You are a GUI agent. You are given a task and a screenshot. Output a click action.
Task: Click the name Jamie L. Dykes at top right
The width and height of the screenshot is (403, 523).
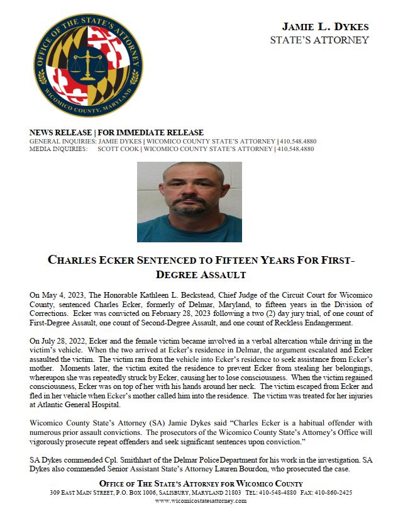tap(325, 27)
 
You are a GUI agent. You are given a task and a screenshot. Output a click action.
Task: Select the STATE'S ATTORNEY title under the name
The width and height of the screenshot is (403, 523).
tap(319, 40)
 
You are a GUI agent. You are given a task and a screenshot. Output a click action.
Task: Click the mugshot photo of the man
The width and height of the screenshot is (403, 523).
tap(189, 201)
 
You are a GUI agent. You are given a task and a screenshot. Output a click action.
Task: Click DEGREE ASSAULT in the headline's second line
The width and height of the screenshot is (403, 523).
tap(201, 275)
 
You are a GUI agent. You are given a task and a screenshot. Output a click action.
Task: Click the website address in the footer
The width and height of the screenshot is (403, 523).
tap(201, 501)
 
